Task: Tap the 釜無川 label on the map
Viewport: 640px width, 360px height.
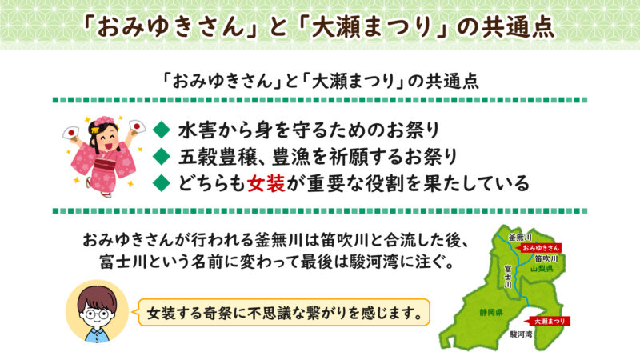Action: (x=520, y=238)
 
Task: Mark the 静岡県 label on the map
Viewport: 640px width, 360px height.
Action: (x=489, y=311)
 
